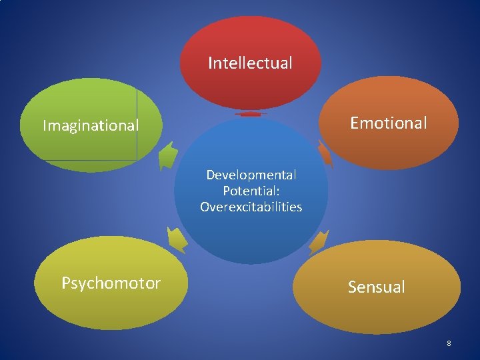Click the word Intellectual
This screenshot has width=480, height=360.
pyautogui.click(x=250, y=63)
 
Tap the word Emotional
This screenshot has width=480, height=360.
pyautogui.click(x=389, y=123)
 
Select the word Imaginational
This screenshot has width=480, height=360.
pyautogui.click(x=91, y=125)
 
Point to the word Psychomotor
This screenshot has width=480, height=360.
pyautogui.click(x=111, y=283)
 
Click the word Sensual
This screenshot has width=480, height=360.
pyautogui.click(x=376, y=287)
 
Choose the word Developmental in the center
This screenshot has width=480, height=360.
pyautogui.click(x=251, y=175)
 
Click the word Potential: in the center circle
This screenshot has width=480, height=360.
pyautogui.click(x=251, y=191)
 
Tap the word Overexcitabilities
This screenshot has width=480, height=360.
pyautogui.click(x=251, y=207)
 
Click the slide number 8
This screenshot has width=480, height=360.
pyautogui.click(x=449, y=343)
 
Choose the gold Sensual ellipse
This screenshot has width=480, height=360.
pyautogui.click(x=376, y=313)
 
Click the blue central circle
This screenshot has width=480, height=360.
pyautogui.click(x=251, y=233)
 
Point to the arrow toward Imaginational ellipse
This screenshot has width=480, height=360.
pyautogui.click(x=169, y=157)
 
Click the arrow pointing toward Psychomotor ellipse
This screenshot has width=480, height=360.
pyautogui.click(x=177, y=238)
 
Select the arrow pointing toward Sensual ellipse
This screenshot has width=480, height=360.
pyautogui.click(x=319, y=241)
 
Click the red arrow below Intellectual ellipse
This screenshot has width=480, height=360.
pyautogui.click(x=251, y=115)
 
